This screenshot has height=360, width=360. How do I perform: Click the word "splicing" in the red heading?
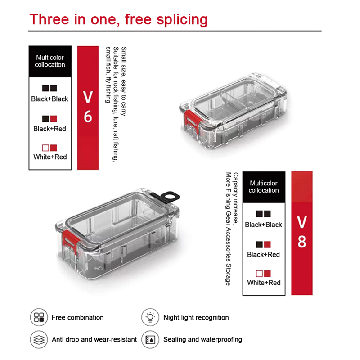point(182,20)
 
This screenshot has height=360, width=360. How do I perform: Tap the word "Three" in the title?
point(49,19)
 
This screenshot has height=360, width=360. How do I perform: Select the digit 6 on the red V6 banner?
point(88,117)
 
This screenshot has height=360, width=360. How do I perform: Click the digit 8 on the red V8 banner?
point(301,242)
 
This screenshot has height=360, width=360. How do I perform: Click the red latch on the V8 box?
point(70,241)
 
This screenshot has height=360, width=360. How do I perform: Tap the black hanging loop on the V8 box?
point(169,197)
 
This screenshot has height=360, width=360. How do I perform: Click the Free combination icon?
point(39,317)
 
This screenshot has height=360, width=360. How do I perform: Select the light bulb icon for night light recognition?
point(150,317)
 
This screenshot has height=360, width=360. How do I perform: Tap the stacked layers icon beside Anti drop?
point(39,339)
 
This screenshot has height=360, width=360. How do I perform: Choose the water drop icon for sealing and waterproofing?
point(150,339)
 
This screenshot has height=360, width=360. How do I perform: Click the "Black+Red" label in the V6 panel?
point(49,129)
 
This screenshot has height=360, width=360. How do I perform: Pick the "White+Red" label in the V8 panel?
point(264,283)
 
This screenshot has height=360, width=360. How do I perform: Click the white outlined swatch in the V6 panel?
point(45,148)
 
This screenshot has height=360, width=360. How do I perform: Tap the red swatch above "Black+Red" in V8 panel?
point(267,244)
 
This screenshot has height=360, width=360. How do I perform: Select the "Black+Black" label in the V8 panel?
point(263,225)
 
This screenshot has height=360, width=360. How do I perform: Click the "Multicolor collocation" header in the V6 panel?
point(50,61)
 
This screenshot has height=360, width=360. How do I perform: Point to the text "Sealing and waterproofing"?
point(203,339)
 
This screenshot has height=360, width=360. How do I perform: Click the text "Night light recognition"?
point(196,317)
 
